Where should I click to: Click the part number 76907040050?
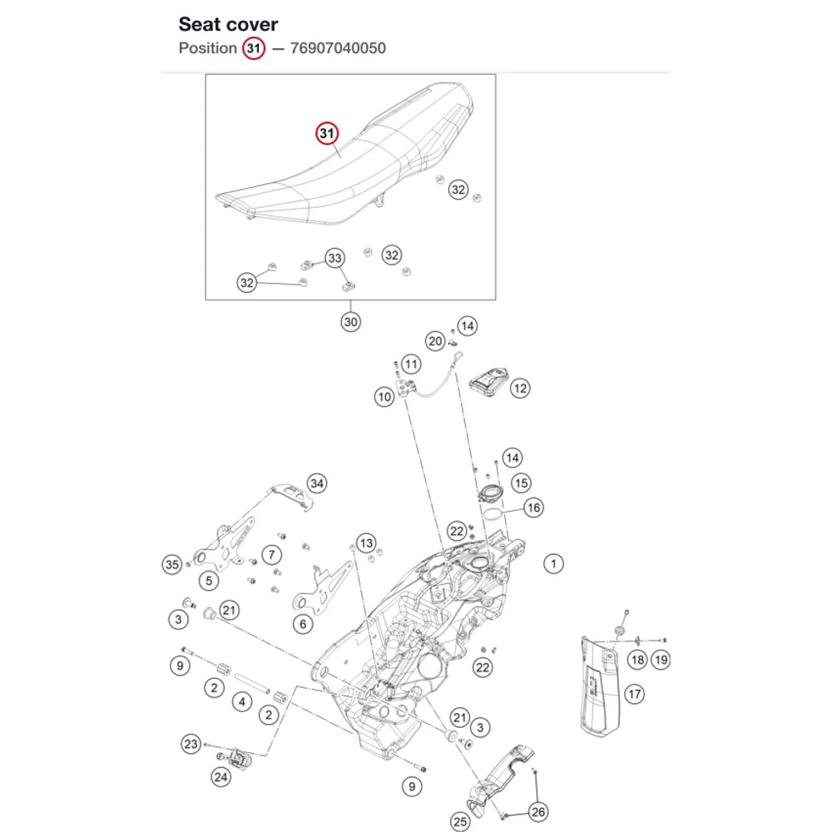tap(338, 48)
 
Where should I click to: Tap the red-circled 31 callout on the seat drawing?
tap(327, 133)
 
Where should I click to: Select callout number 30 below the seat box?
tap(350, 321)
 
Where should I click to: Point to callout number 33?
tap(334, 258)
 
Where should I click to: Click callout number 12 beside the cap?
tap(520, 389)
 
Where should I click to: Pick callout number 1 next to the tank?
tap(553, 563)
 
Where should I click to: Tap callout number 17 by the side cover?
tap(634, 694)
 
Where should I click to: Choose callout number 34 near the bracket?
tap(317, 483)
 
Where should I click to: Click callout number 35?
tap(172, 565)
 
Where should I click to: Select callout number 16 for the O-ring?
tap(533, 508)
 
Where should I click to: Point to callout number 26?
tap(538, 812)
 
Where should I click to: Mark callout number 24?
tap(220, 777)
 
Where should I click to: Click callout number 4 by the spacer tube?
tap(242, 702)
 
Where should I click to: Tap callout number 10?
tap(384, 396)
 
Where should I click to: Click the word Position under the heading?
tap(207, 48)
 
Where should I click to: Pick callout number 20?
tap(435, 341)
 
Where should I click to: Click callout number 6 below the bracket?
tap(303, 624)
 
